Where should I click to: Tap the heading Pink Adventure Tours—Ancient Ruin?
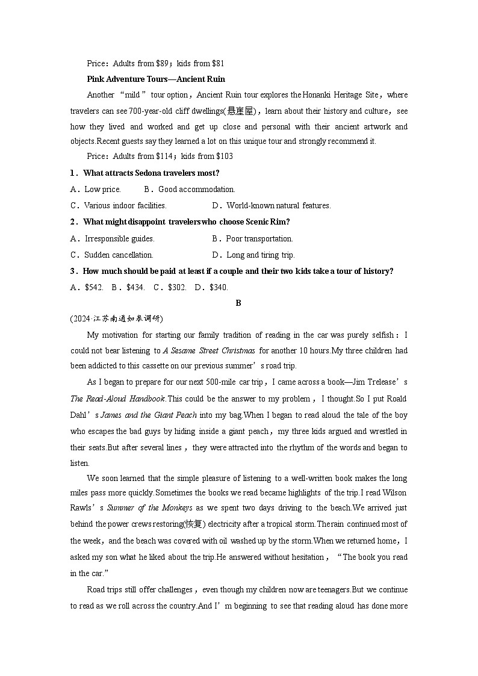(x=156, y=79)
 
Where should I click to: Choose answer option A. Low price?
(x=96, y=189)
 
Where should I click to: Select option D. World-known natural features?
(x=271, y=205)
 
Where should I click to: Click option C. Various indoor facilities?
(x=118, y=205)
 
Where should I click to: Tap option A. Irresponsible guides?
(x=113, y=238)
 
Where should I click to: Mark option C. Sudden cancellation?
(x=112, y=255)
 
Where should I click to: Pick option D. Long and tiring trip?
(x=253, y=255)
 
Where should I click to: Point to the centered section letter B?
(x=238, y=303)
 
